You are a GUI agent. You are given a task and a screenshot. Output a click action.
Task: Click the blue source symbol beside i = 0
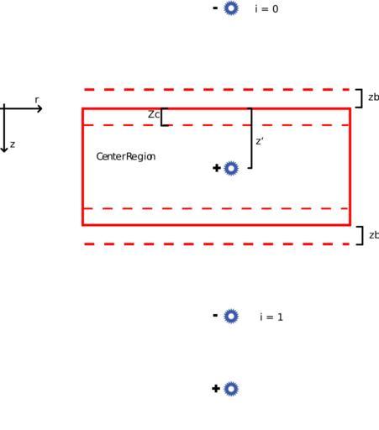(x=231, y=8)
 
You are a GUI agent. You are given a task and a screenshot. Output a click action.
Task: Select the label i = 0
(x=266, y=9)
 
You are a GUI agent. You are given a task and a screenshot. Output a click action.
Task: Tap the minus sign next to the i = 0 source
(x=215, y=8)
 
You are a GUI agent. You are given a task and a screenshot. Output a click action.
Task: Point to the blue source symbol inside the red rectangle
(x=231, y=168)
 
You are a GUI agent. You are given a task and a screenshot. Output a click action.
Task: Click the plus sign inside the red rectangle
(x=217, y=168)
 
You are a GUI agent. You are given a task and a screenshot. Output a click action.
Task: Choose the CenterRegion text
(x=126, y=156)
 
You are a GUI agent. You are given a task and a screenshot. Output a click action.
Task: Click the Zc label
(x=154, y=114)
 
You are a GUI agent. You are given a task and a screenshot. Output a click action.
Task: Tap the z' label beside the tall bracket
(x=260, y=141)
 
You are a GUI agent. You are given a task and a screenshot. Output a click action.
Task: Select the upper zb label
(x=373, y=97)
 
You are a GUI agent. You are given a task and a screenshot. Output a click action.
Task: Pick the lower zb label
(x=374, y=235)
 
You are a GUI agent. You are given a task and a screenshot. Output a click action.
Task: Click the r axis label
(x=37, y=100)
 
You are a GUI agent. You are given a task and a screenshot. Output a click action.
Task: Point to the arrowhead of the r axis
(x=40, y=108)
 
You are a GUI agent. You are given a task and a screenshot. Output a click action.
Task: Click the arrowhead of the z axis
(x=4, y=149)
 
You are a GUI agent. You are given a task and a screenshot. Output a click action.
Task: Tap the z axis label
(x=13, y=144)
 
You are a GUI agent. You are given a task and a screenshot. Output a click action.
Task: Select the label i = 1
(x=271, y=317)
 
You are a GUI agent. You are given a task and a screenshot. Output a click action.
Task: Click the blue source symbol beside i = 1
(x=231, y=317)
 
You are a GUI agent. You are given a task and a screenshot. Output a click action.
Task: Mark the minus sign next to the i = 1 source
(x=215, y=316)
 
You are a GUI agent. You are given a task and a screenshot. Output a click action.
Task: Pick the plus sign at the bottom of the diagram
(x=216, y=389)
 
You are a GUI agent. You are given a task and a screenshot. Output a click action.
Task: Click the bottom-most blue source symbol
(x=231, y=389)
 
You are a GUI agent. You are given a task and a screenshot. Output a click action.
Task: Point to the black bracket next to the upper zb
(x=362, y=98)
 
